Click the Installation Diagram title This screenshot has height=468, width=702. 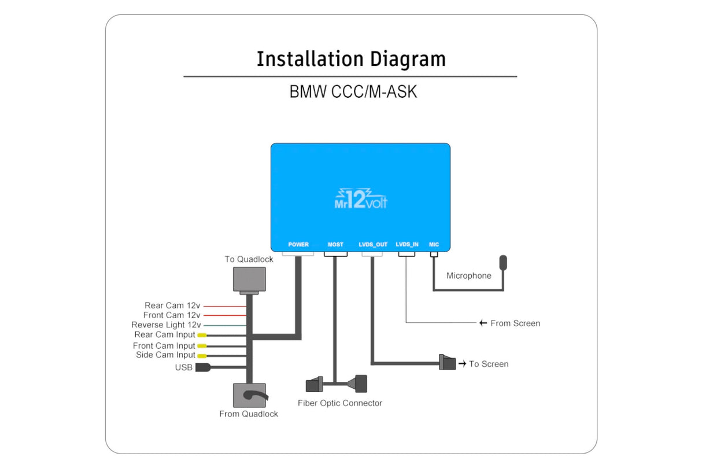[x=351, y=59]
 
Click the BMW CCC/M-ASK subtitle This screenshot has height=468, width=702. [x=353, y=92]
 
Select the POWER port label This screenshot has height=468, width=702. [x=298, y=245]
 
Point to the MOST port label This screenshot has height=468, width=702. [x=335, y=245]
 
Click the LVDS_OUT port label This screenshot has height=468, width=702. [x=373, y=245]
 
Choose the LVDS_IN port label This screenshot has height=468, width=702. [x=407, y=245]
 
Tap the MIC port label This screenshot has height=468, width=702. [x=434, y=245]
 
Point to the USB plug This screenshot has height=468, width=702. [x=202, y=367]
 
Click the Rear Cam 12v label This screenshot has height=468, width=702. [x=172, y=305]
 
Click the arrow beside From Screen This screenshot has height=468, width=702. [x=483, y=323]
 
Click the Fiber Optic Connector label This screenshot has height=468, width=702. [x=340, y=403]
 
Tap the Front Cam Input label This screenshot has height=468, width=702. [x=164, y=346]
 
